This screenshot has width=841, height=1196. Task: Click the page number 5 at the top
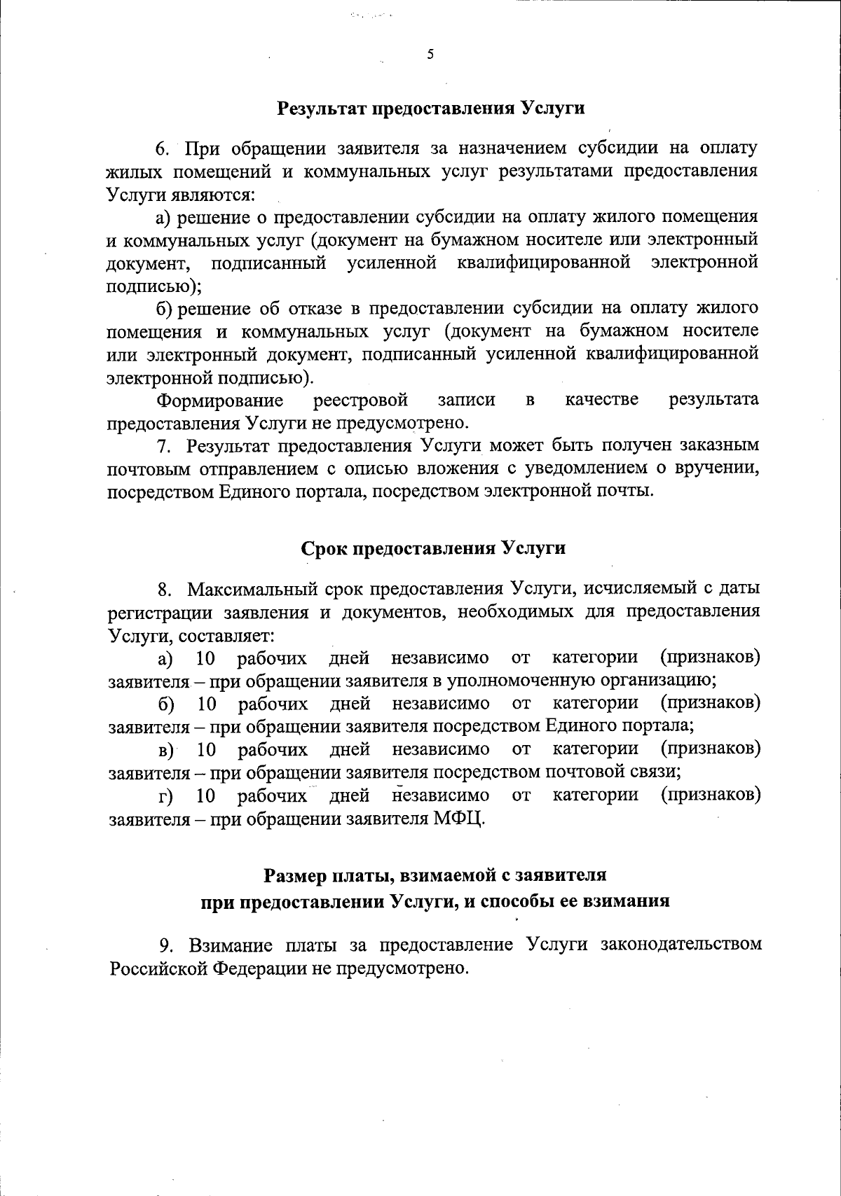coord(430,55)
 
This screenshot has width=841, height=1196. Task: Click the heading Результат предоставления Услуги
coord(431,109)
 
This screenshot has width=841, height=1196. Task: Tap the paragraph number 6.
coord(162,149)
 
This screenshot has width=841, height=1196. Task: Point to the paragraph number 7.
coord(163,446)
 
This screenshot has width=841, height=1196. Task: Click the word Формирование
coord(220,400)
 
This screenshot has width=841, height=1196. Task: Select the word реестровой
coord(360,400)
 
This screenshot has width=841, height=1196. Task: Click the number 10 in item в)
coord(206,750)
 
